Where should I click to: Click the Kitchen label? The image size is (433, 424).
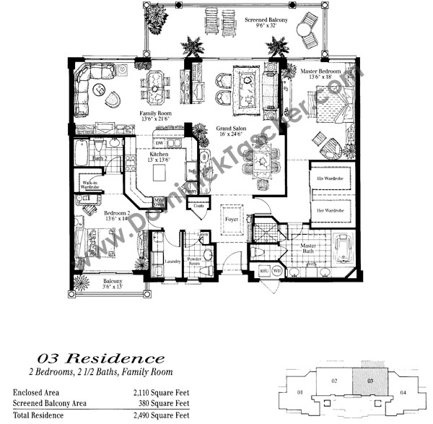(x=159, y=154)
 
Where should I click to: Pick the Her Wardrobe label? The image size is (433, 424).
(x=329, y=211)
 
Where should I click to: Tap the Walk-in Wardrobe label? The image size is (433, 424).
(x=89, y=185)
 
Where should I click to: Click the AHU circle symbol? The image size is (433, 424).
(x=264, y=272)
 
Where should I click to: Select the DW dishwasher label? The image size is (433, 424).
(x=159, y=143)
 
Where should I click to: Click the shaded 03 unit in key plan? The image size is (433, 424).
(x=370, y=380)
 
